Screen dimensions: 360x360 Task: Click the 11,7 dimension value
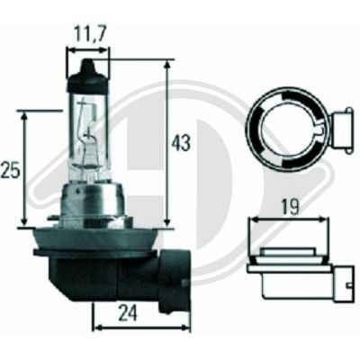(x=89, y=34)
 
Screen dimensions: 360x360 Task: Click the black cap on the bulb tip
(x=88, y=69)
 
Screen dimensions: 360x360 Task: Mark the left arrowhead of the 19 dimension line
(x=250, y=220)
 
